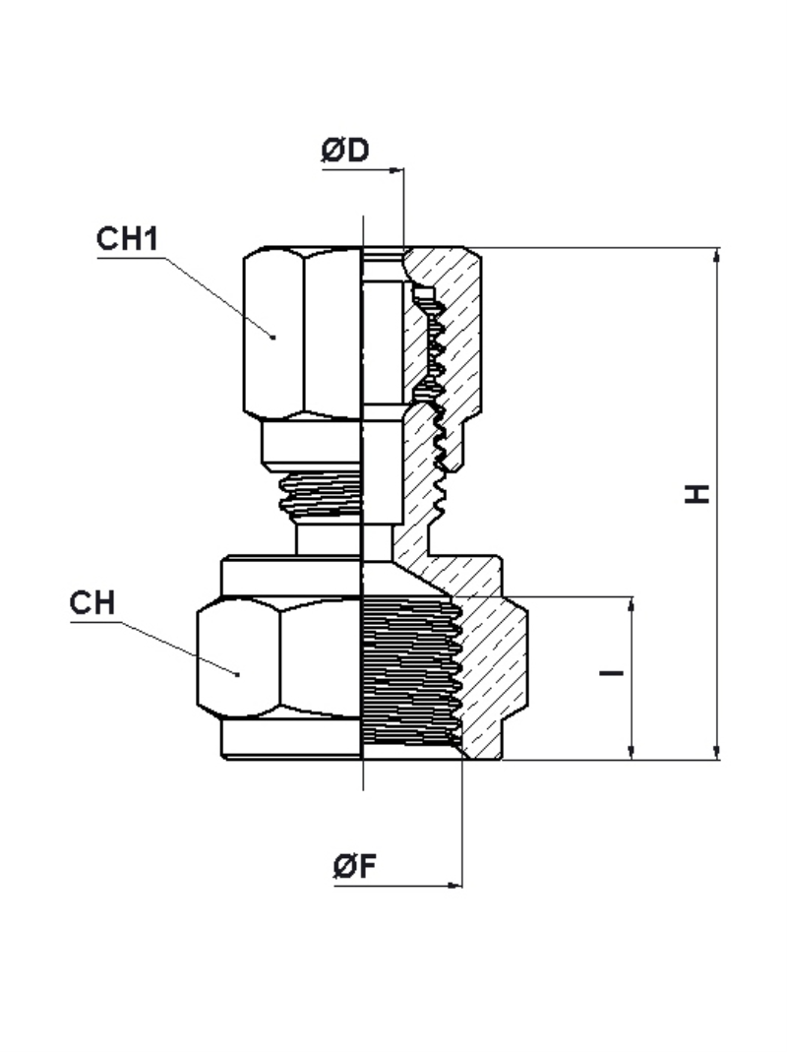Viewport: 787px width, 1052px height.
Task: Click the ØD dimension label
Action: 345,150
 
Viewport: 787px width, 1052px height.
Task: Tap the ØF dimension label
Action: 354,865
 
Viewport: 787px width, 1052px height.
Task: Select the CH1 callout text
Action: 128,239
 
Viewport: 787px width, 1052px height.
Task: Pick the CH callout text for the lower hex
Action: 92,602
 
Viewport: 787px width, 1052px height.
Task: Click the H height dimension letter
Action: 697,493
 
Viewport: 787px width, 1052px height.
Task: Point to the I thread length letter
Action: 611,671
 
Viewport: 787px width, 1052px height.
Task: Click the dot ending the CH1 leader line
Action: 273,337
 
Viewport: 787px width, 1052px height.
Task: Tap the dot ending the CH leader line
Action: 237,673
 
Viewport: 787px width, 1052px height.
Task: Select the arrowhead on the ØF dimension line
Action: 454,886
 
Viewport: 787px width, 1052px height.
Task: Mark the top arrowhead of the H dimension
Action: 717,256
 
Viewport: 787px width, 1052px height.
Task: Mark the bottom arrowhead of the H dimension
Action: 717,752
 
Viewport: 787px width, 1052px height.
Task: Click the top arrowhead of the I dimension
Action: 631,604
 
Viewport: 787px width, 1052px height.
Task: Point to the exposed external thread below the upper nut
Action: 321,495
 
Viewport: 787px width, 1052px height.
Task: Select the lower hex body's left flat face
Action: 238,658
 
